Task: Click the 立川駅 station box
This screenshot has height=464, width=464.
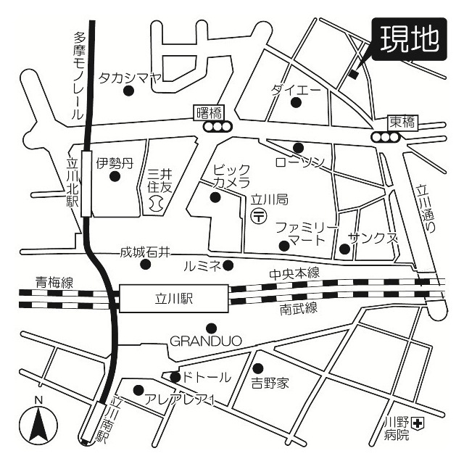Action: pyautogui.click(x=172, y=298)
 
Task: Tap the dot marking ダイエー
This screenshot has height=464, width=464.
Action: pyautogui.click(x=296, y=102)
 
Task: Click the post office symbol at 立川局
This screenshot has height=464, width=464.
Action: pyautogui.click(x=258, y=215)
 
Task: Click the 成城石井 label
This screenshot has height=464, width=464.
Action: pyautogui.click(x=145, y=252)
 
